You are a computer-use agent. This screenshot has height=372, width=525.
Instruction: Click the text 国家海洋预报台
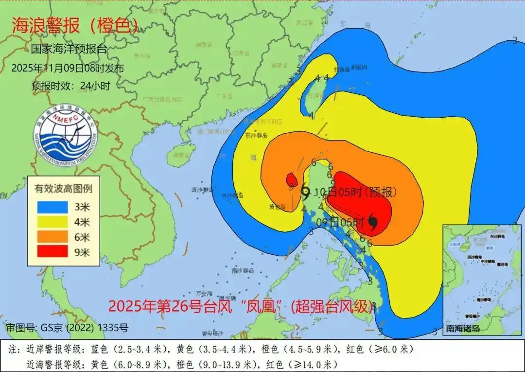pos(69,49)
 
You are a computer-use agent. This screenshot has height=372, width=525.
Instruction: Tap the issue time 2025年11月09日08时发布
pos(68,68)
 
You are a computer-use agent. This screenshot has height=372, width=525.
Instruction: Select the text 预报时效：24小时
pos(70,86)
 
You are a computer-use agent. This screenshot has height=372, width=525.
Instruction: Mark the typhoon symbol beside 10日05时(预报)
pos(305,192)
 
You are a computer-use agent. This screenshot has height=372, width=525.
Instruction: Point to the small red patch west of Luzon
pos(291,180)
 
